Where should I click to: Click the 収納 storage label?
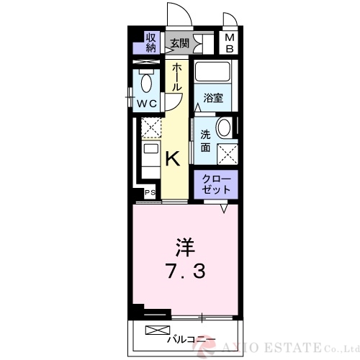[150, 42]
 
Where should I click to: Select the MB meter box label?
[229, 43]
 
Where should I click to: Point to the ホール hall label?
[177, 77]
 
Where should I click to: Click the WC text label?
[148, 104]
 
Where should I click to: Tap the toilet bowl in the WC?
[147, 84]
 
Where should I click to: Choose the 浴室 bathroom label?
[213, 97]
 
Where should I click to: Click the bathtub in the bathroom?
[213, 73]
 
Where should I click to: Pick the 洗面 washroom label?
[206, 140]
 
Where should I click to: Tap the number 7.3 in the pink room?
[185, 274]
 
